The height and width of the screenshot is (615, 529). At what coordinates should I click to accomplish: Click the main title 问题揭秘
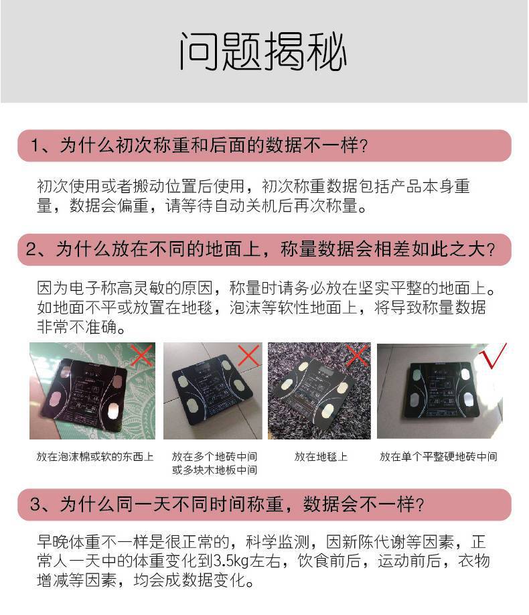(263, 52)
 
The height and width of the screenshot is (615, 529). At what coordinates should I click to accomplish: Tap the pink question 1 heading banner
(264, 145)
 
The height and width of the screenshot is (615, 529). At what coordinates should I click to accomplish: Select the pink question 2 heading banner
(264, 249)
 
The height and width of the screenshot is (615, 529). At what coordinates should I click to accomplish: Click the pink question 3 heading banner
(264, 504)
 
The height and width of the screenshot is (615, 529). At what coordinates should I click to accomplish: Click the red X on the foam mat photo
(141, 356)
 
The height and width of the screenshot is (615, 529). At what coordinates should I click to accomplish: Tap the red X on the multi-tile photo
(248, 356)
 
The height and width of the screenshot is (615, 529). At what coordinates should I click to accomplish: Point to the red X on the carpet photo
(357, 356)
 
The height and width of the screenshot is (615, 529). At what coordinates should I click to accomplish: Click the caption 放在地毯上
(321, 457)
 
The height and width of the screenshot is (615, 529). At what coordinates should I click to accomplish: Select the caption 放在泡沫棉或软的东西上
(94, 457)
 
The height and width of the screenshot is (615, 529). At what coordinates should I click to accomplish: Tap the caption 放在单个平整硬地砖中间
(438, 457)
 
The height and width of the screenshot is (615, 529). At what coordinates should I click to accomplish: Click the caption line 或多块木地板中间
(214, 470)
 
